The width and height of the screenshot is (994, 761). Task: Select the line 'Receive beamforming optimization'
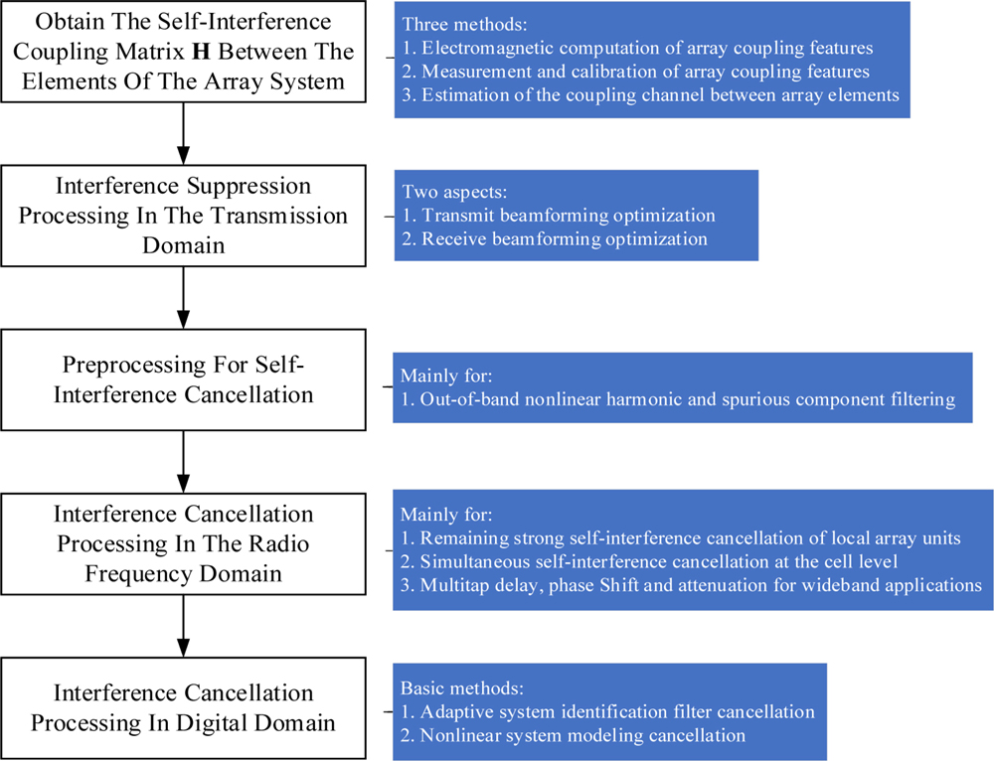(563, 238)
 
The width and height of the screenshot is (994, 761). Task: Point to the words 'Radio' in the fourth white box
(282, 543)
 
